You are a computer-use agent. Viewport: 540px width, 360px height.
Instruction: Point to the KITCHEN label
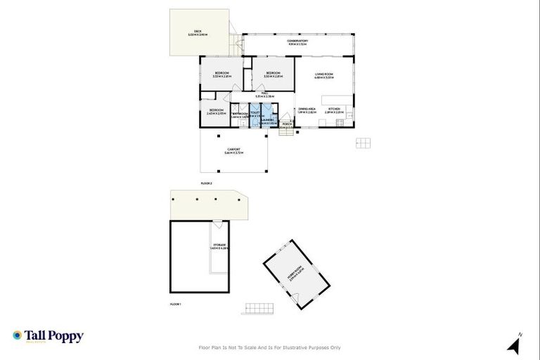pyautogui.click(x=334, y=109)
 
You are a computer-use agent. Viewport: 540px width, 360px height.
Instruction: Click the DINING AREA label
pyautogui.click(x=306, y=109)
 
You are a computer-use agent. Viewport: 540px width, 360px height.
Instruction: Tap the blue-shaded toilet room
pyautogui.click(x=255, y=115)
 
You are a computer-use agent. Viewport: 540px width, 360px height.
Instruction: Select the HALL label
pyautogui.click(x=264, y=94)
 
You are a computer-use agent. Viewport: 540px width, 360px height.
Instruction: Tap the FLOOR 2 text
pyautogui.click(x=206, y=183)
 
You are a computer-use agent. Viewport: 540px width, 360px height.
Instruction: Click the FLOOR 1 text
pyautogui.click(x=176, y=304)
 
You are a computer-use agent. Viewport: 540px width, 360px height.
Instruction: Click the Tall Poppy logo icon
pyautogui.click(x=17, y=335)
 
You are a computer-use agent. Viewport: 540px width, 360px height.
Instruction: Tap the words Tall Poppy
pyautogui.click(x=54, y=335)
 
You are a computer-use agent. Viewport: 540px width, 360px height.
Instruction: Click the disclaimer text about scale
pyautogui.click(x=270, y=347)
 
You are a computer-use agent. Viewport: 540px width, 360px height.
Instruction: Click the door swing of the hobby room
pyautogui.click(x=283, y=251)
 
